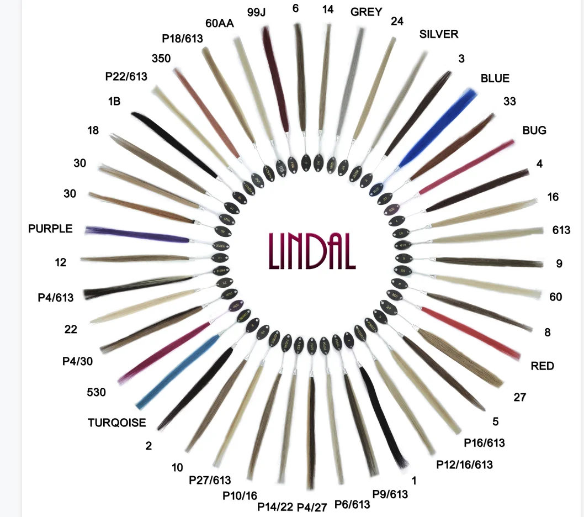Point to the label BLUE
click(495, 78)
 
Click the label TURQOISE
click(116, 423)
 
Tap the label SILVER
click(439, 34)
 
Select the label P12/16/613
click(464, 464)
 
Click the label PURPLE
click(50, 228)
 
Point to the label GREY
click(366, 12)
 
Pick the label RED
click(542, 366)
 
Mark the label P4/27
click(312, 507)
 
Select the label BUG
click(534, 130)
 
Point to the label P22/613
click(126, 76)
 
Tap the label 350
click(161, 59)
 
